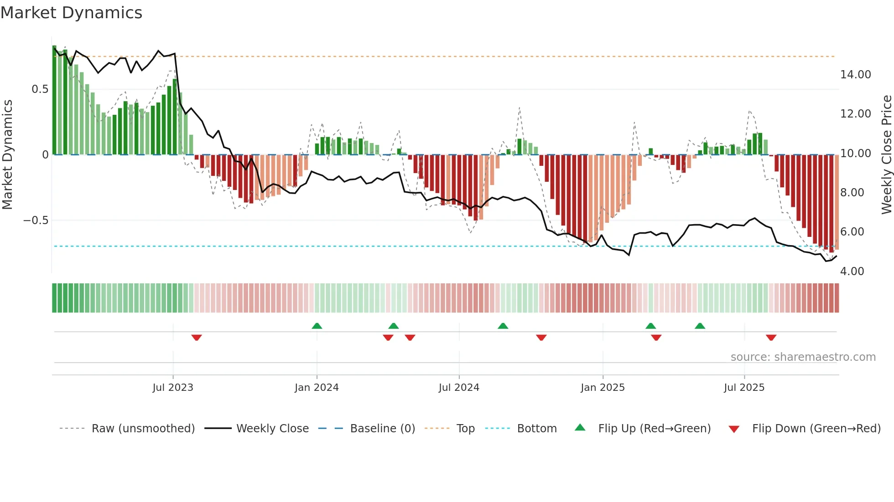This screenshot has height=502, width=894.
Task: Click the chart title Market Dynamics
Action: point(71,13)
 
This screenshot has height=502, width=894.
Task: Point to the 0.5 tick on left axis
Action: point(40,89)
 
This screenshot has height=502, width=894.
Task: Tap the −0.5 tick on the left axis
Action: point(36,220)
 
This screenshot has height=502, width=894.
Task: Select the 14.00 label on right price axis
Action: point(855,75)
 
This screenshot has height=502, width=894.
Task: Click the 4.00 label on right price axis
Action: point(852,271)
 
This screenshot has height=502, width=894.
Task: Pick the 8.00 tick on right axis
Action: point(852,193)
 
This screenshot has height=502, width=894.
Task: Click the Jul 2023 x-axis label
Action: point(173,388)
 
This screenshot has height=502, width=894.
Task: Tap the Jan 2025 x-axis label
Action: point(603,388)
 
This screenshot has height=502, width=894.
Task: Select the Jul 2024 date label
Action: point(459,388)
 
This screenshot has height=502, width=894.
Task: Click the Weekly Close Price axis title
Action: point(886,155)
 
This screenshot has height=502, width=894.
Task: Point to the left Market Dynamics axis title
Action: point(7,155)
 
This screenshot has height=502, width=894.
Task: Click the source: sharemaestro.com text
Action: point(803,357)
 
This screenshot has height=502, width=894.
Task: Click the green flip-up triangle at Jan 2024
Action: point(317,326)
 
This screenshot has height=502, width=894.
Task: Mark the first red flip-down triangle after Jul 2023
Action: point(197,338)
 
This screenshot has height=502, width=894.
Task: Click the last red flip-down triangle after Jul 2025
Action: point(771,338)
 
